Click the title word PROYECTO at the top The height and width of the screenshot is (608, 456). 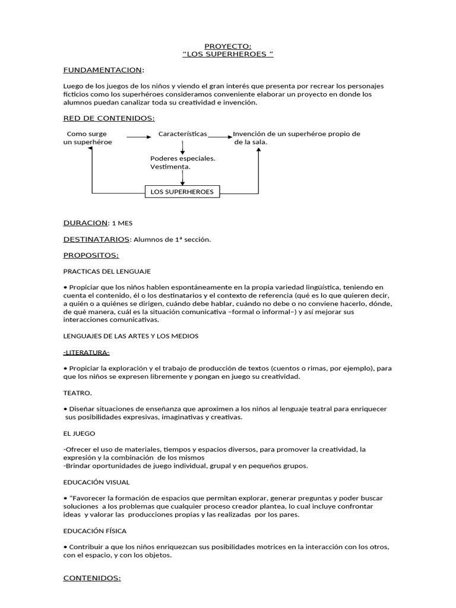tap(227, 46)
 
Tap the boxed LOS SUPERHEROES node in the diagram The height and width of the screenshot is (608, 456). tap(182, 191)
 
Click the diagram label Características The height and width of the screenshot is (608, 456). tap(182, 134)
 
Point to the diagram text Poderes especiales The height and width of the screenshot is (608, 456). tap(182, 159)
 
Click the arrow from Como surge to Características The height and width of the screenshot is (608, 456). tap(139, 137)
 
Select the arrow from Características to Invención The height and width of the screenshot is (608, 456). tap(220, 137)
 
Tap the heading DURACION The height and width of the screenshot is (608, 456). tap(85, 223)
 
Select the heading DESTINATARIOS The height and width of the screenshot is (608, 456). tap(96, 239)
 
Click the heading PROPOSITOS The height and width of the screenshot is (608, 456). tap(91, 255)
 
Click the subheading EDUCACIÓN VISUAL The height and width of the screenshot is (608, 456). tap(96, 482)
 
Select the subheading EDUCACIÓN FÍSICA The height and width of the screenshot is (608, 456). tap(94, 530)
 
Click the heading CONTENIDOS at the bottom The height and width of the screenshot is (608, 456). tap(92, 577)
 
